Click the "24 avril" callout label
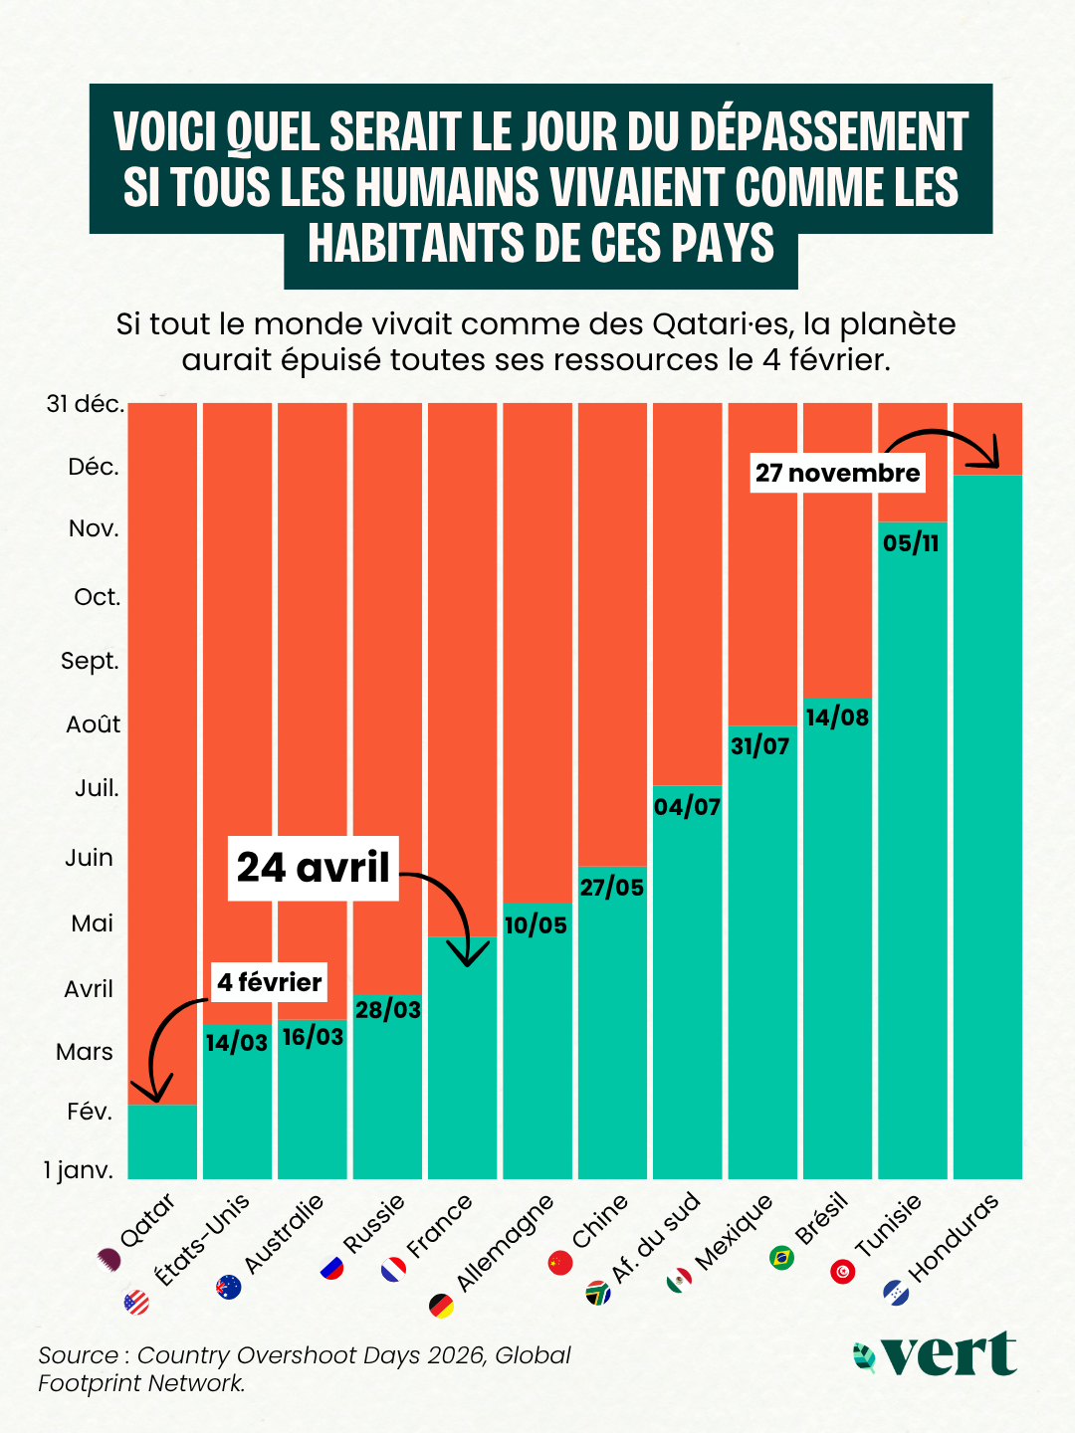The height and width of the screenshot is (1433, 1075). (x=313, y=868)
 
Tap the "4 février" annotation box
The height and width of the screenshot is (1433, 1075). (x=269, y=982)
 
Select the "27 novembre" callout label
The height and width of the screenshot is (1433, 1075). (x=837, y=473)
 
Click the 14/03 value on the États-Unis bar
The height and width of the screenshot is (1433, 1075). (x=237, y=1042)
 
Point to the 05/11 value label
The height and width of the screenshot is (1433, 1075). (x=911, y=543)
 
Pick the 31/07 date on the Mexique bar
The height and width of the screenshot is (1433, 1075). (x=760, y=745)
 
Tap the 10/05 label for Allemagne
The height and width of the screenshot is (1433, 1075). (x=536, y=925)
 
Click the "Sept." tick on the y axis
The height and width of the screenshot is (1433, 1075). (x=90, y=661)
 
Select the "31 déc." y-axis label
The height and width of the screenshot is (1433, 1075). (x=86, y=404)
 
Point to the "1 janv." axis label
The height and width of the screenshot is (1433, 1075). (x=79, y=1170)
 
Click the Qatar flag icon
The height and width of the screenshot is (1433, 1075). (x=107, y=1258)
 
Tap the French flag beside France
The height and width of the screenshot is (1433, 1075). (x=394, y=1270)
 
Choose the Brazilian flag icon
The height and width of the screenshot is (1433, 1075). (x=782, y=1258)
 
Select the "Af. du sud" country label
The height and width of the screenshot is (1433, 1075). (x=656, y=1237)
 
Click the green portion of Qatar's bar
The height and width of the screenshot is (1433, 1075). (x=162, y=1141)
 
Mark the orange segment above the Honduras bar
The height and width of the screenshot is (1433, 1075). (x=987, y=438)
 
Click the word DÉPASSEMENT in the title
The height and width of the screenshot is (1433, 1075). (x=828, y=132)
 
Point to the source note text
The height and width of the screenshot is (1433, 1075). (x=305, y=1369)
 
